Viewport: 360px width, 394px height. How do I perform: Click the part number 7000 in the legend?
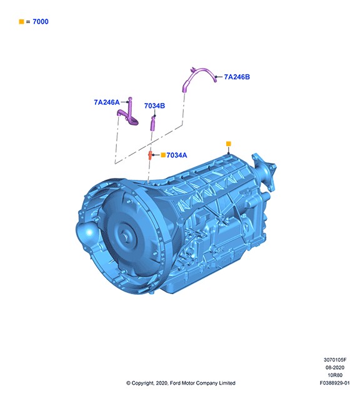41,22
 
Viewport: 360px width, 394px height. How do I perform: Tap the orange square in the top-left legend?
21,22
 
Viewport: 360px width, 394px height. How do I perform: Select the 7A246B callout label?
237,77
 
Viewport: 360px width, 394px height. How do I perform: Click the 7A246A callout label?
107,102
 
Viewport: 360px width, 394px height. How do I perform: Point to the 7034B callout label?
154,106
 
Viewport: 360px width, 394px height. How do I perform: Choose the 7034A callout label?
177,155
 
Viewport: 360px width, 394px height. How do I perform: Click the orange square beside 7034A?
163,155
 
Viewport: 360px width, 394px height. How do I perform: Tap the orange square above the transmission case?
228,144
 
